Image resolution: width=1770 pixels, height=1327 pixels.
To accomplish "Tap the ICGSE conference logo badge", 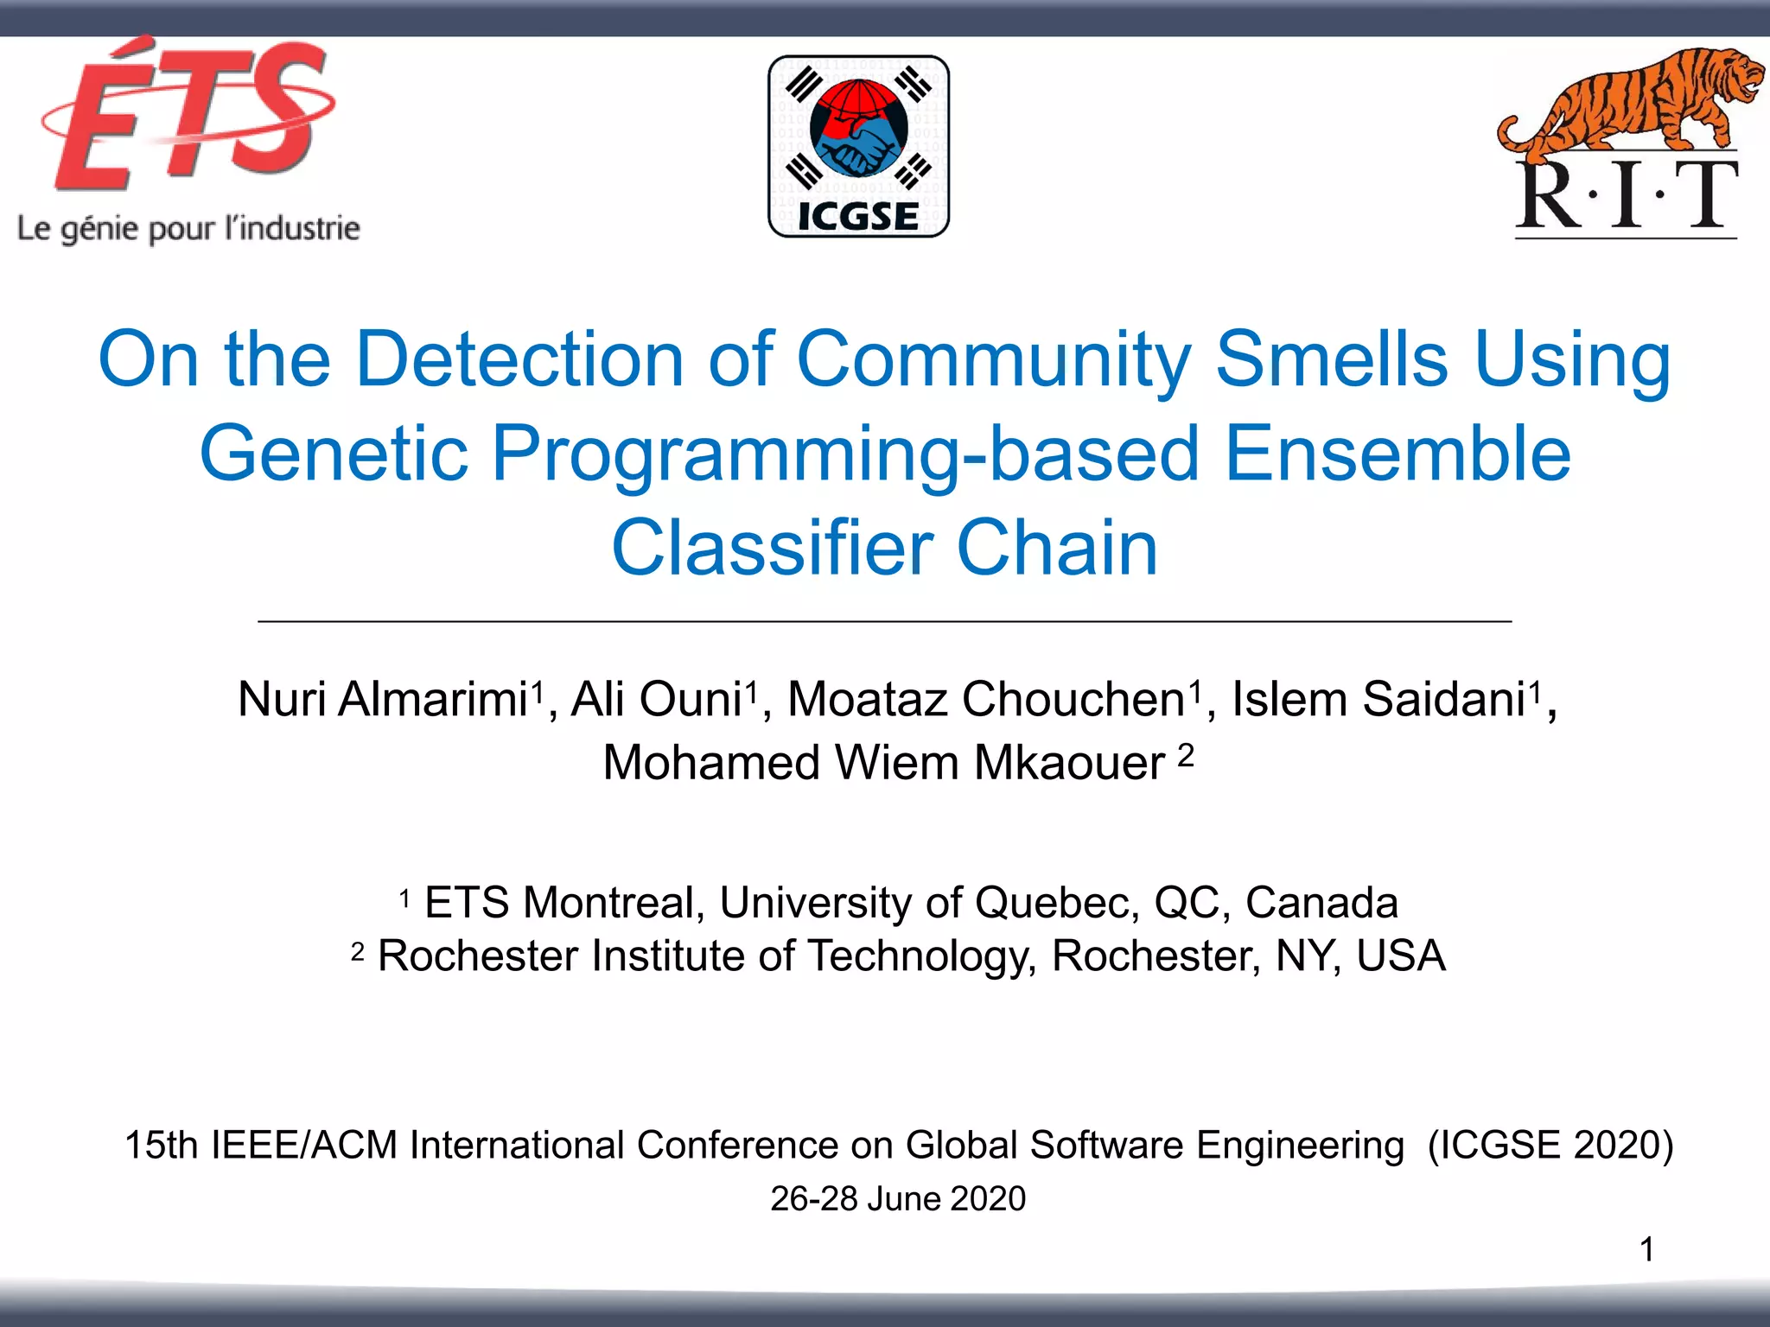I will [x=858, y=146].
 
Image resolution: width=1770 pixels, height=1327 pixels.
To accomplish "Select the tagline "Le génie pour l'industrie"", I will [x=188, y=229].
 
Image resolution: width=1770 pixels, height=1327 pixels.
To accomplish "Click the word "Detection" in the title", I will [x=519, y=359].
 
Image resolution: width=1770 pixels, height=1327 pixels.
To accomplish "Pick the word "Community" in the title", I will [x=993, y=359].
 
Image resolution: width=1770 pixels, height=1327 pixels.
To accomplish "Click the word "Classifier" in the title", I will [x=772, y=548].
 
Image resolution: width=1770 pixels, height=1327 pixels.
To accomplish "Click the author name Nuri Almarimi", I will [x=383, y=699].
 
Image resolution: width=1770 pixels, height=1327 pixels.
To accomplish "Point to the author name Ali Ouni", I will [x=657, y=699].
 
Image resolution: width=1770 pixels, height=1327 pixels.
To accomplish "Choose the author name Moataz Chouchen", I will [x=986, y=699].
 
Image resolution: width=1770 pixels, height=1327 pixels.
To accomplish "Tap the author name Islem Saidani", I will [x=1378, y=699].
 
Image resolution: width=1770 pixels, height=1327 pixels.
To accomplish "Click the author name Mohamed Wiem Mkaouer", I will [x=883, y=763].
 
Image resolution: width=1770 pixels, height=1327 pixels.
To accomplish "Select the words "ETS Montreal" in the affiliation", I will [x=560, y=903].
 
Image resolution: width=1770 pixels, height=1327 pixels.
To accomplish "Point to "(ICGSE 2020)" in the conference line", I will [x=1550, y=1145].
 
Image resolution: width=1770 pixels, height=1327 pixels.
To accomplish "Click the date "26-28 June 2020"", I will [x=898, y=1199].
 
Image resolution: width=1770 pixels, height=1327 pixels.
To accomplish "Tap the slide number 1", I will [x=1647, y=1249].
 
